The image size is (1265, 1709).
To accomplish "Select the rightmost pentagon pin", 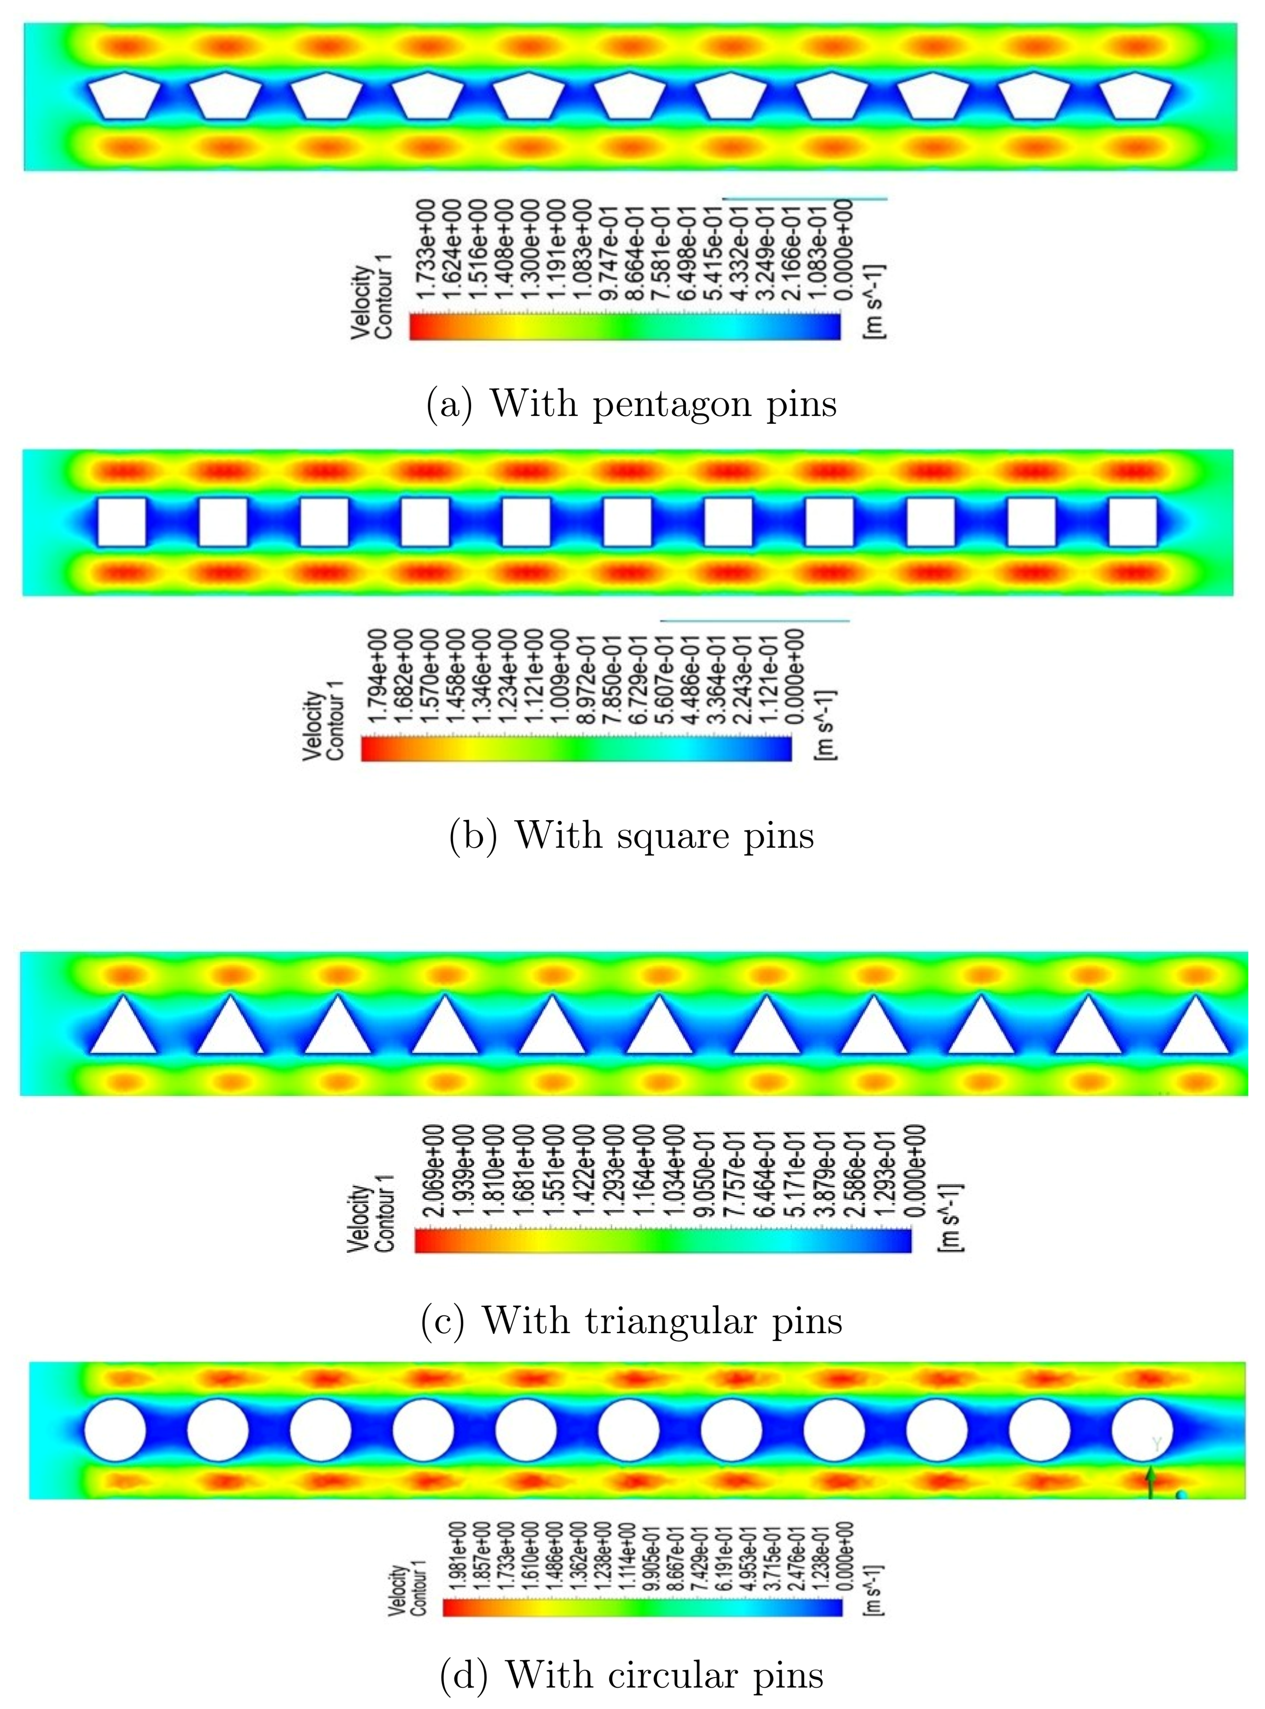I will coord(1136,96).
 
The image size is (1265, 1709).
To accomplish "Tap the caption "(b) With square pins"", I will coord(632,835).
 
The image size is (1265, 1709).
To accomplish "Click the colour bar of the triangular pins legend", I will coord(663,1241).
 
